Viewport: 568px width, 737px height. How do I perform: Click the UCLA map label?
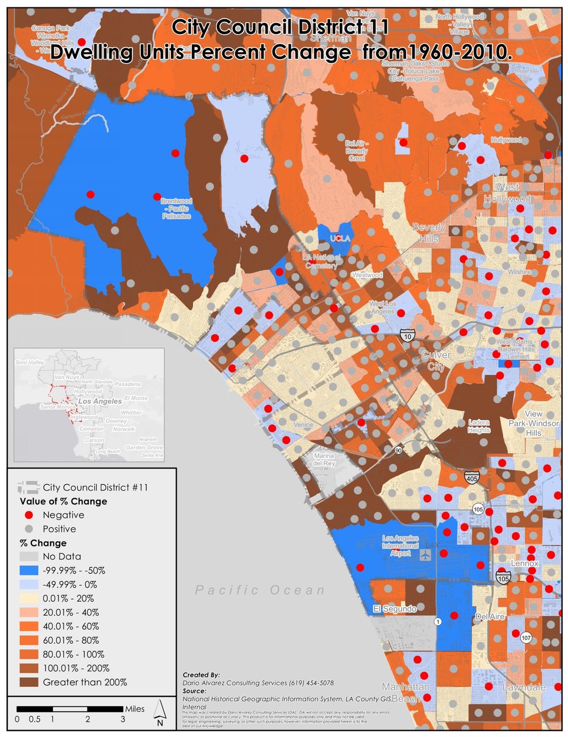point(340,239)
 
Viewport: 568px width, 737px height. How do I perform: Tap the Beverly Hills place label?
point(429,233)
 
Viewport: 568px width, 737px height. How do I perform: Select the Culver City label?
point(436,361)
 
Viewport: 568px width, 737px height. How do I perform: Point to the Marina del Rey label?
point(324,459)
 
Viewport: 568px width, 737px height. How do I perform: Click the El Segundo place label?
point(395,609)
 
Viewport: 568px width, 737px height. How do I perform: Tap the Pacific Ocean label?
point(260,590)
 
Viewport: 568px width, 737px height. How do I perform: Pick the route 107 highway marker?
point(526,637)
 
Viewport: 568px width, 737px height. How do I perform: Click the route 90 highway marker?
point(399,451)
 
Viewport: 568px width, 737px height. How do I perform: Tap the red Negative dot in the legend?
point(29,515)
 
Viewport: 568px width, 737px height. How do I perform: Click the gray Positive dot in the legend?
point(29,529)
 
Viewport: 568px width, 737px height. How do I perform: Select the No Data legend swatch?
point(29,557)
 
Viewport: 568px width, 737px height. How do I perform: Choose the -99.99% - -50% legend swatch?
point(29,570)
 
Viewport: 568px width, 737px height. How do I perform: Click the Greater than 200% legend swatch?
point(29,682)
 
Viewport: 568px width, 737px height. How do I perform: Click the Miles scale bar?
point(70,709)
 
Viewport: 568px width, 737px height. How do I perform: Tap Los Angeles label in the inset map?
point(100,401)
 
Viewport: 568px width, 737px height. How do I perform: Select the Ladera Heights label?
point(479,427)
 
